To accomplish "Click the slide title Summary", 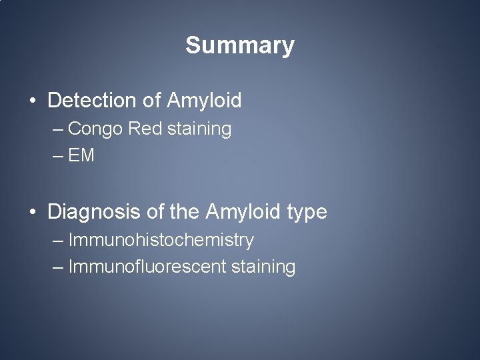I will pos(239,45).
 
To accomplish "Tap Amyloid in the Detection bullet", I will pos(204,101).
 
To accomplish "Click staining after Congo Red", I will pos(199,129).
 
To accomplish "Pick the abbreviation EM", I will pos(81,156).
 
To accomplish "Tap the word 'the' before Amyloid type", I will pos(184,212).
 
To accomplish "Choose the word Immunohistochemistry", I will pos(161,240).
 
